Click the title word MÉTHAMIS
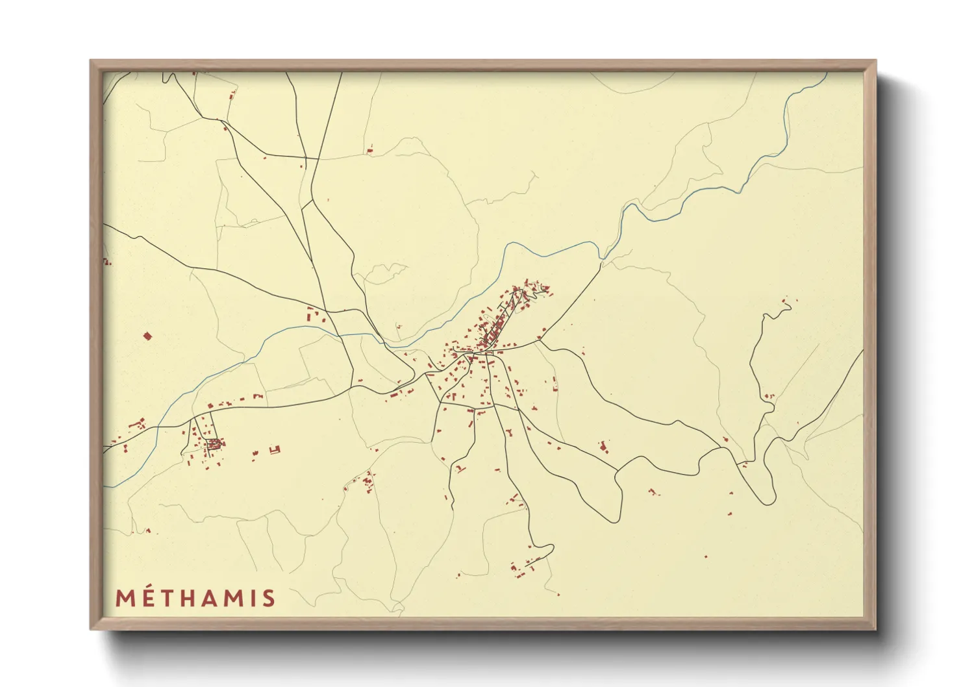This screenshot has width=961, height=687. [195, 598]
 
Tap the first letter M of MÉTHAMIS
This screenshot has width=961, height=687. [125, 599]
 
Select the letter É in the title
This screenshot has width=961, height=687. [149, 599]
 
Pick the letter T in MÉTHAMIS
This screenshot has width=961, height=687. [169, 599]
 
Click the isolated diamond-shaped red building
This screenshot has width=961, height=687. [147, 336]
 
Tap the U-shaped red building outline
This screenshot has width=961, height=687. [275, 449]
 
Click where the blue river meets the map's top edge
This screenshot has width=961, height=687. [827, 73]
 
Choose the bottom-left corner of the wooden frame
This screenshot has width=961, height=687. [92, 628]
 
